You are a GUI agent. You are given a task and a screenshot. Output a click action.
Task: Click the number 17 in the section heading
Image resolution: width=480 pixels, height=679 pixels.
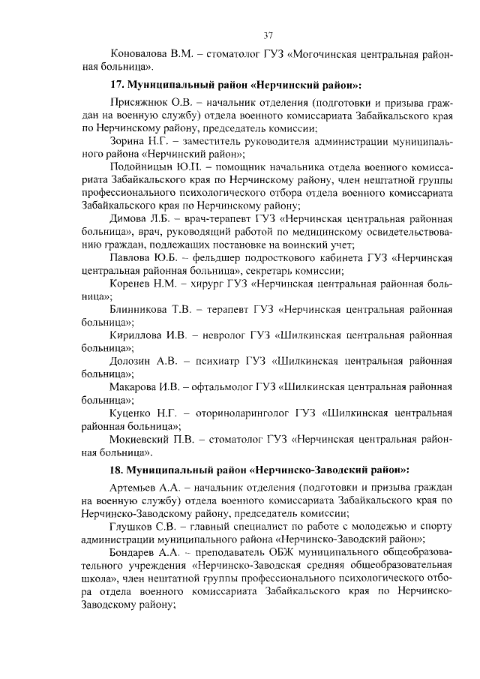pos(116,85)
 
